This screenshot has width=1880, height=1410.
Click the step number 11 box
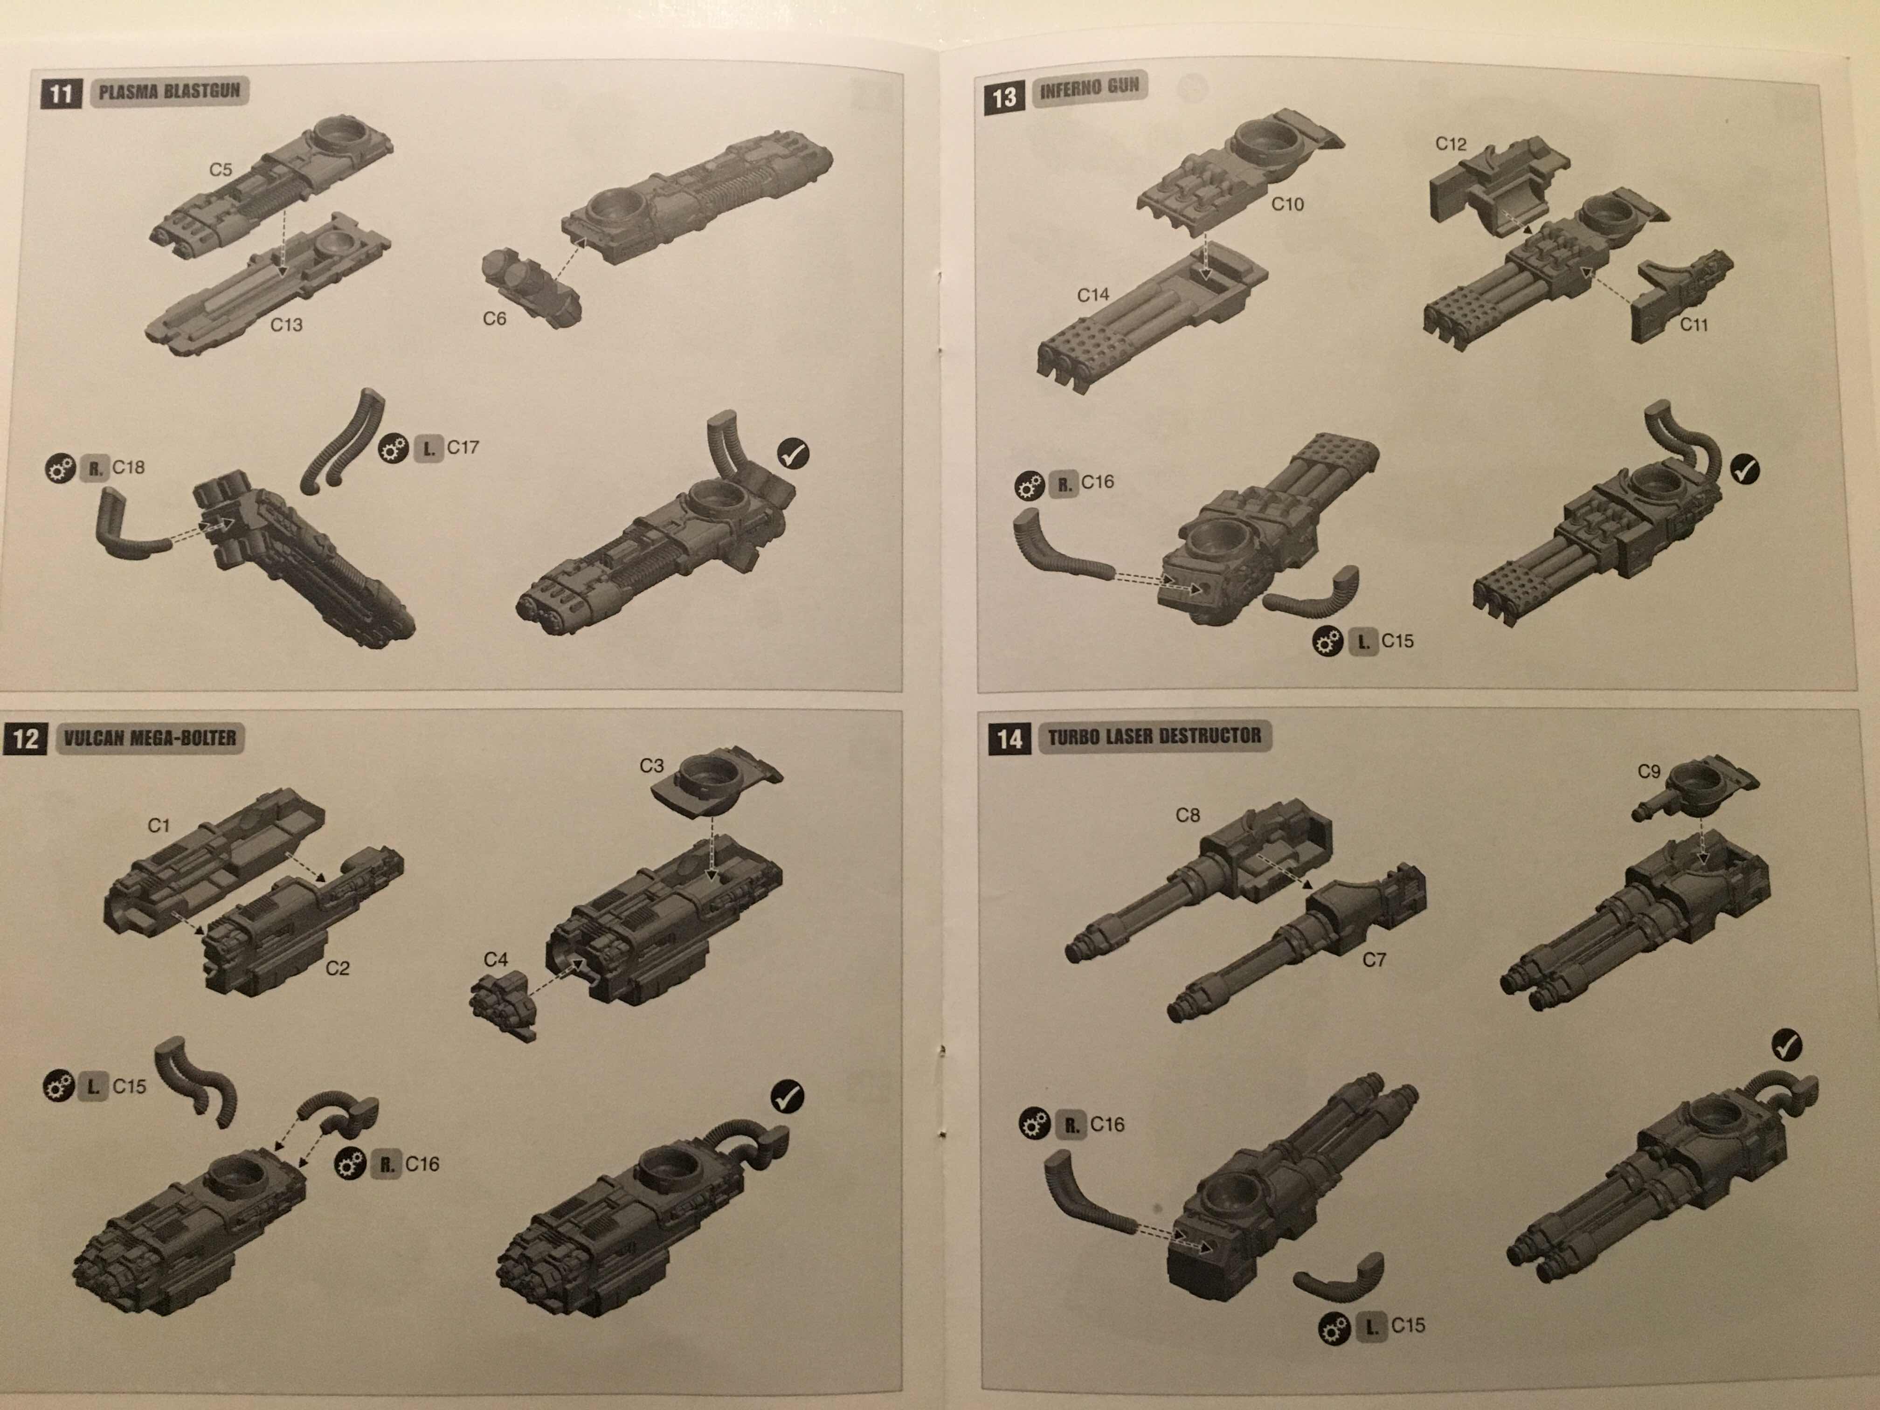point(60,92)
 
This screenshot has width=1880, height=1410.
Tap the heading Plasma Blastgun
point(169,91)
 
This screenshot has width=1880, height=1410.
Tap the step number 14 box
point(1009,739)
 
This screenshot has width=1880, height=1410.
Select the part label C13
point(286,325)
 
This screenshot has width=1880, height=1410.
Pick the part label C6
point(494,319)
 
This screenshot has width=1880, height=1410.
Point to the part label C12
point(1451,144)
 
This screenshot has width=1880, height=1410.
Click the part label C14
point(1093,295)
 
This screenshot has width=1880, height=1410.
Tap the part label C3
point(651,766)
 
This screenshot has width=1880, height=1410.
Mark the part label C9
point(1649,771)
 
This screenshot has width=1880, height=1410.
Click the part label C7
point(1374,960)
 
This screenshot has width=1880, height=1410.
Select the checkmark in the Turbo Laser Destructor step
point(1787,1044)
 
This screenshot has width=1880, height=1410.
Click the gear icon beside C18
point(60,468)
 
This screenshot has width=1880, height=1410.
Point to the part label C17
point(463,447)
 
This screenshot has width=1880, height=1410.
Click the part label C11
point(1694,325)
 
